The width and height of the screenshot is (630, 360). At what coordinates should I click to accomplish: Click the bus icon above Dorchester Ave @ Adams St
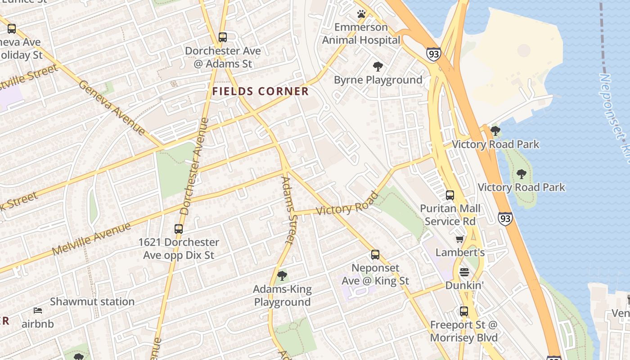pos(223,37)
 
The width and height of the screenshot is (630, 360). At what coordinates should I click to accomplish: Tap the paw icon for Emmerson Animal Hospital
pos(361,14)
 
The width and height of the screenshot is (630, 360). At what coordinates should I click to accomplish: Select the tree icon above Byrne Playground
pos(378,67)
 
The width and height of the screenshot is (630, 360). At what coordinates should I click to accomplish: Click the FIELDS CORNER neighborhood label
pos(261,92)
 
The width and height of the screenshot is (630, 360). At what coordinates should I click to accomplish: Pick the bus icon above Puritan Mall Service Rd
pos(450,195)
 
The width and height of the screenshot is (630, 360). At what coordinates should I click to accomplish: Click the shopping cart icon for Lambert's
pos(460,239)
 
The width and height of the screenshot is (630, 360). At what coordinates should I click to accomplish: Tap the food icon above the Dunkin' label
pos(464,272)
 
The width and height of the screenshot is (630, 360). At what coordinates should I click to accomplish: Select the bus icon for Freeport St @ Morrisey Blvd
pos(464,311)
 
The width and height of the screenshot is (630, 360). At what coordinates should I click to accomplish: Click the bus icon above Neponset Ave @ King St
pos(375,255)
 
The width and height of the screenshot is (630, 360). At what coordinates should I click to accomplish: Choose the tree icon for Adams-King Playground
pos(282,275)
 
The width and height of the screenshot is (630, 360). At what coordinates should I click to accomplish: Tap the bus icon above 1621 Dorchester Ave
pos(179,229)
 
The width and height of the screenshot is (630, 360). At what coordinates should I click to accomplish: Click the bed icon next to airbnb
pos(38,310)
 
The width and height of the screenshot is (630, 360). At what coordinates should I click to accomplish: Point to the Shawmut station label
pos(92,301)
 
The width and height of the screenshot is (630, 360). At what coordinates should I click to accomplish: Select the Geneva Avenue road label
pos(112,108)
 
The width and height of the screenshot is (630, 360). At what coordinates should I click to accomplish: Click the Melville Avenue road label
pos(91,238)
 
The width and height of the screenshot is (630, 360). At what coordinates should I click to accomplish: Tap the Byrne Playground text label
pos(378,80)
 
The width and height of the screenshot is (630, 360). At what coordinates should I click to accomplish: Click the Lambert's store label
pos(460,252)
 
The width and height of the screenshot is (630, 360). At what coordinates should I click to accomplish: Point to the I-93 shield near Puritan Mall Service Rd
pos(505,219)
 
